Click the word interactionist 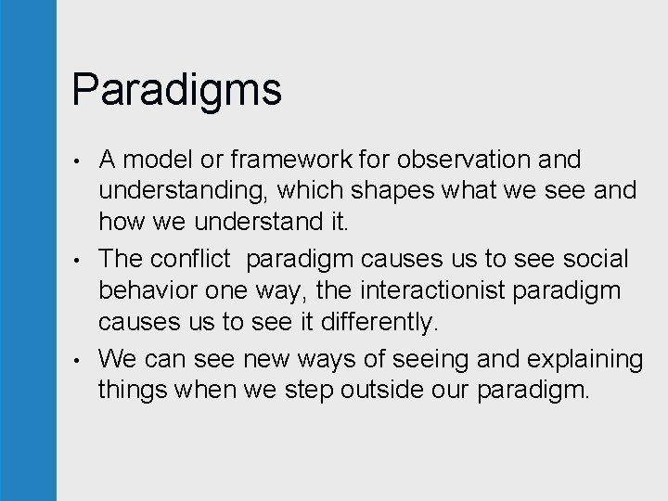pos(435,291)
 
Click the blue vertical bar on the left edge pos(28,250)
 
